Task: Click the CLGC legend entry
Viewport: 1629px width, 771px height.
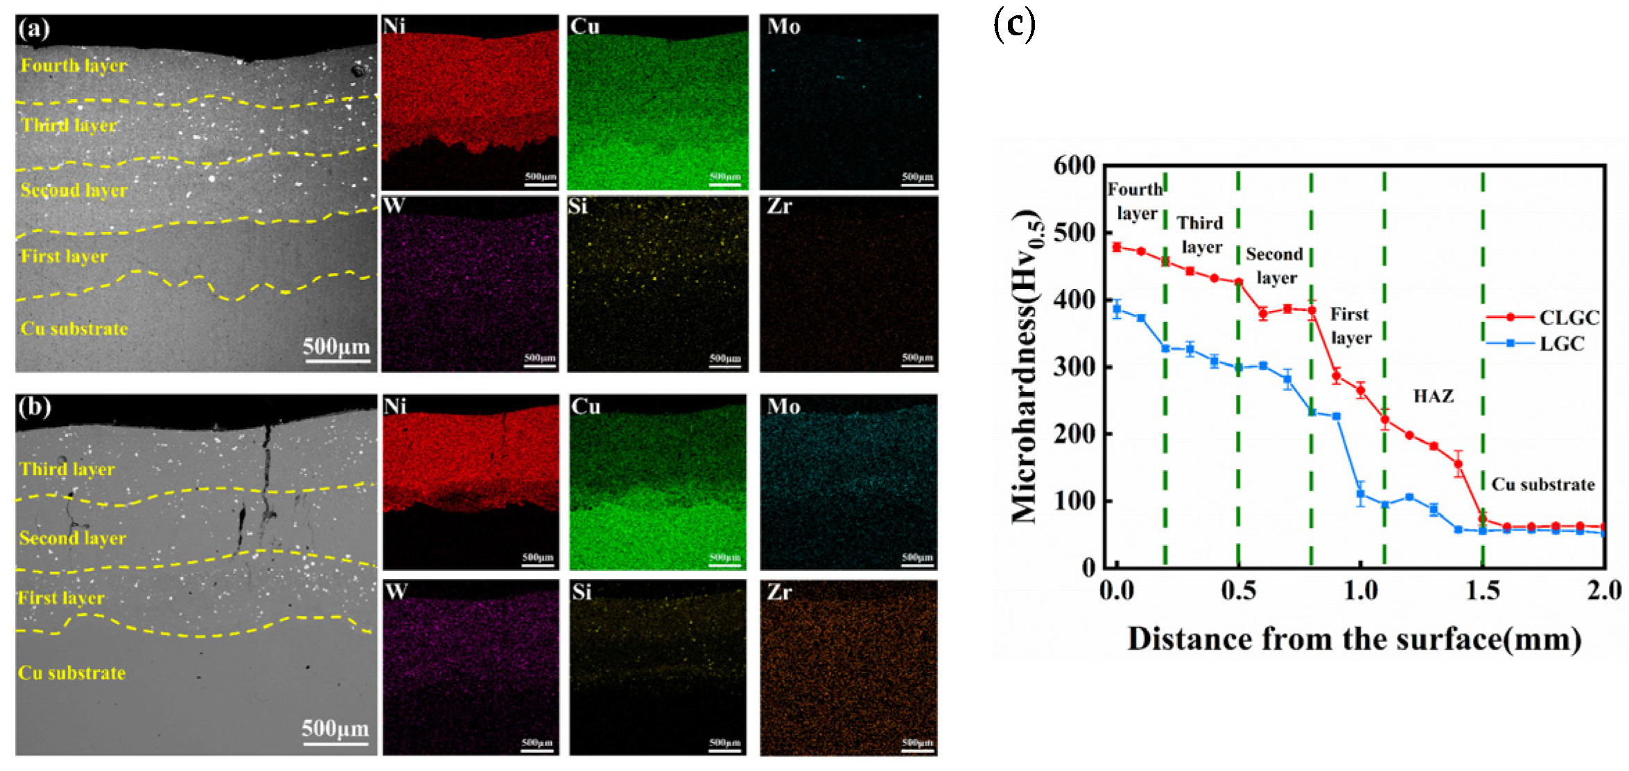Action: click(x=1569, y=317)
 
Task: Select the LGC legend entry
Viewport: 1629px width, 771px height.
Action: click(x=1561, y=344)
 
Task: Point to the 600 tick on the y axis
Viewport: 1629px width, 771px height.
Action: click(x=1074, y=166)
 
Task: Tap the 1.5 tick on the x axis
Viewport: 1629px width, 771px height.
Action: click(x=1483, y=591)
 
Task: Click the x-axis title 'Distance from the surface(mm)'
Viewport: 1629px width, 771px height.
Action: click(x=1354, y=639)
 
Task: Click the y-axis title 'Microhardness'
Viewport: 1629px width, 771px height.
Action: click(x=1025, y=367)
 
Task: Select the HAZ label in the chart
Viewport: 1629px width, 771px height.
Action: click(x=1433, y=396)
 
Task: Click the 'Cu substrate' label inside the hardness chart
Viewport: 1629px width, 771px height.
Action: click(x=1542, y=484)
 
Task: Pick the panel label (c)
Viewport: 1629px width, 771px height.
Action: click(x=1013, y=25)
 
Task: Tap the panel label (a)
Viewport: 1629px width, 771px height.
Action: click(x=34, y=29)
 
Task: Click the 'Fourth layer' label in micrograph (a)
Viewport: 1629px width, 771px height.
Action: click(x=73, y=66)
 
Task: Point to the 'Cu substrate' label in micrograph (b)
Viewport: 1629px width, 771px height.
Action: click(x=72, y=673)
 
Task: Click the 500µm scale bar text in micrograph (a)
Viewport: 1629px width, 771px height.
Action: click(x=336, y=346)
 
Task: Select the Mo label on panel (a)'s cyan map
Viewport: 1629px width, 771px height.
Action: click(x=783, y=26)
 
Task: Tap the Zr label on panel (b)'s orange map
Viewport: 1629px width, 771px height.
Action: click(x=779, y=592)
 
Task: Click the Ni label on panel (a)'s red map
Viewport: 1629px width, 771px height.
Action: click(x=394, y=26)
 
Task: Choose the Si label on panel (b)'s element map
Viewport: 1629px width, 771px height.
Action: click(x=582, y=592)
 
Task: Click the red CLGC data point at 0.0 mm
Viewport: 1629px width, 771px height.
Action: click(x=1117, y=247)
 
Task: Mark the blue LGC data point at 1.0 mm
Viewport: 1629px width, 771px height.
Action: click(x=1360, y=495)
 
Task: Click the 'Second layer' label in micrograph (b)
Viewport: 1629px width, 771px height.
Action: click(x=73, y=538)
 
